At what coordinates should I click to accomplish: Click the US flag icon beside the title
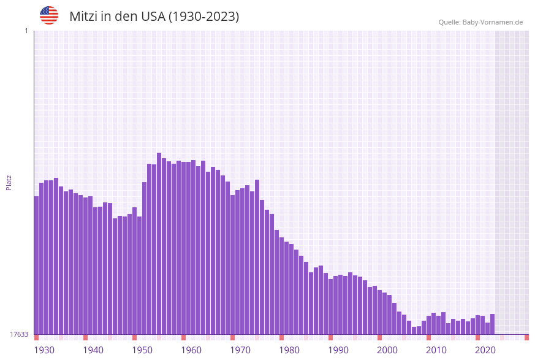tap(49, 15)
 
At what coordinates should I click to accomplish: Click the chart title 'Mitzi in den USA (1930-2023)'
tap(154, 17)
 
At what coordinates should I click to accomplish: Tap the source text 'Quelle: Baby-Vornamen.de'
tap(480, 22)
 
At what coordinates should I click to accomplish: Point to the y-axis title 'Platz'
tap(9, 182)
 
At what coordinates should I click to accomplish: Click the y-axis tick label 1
tap(26, 31)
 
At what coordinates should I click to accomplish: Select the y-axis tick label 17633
tap(18, 334)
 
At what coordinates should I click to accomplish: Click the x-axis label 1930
tap(44, 350)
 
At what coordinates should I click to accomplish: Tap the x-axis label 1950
tap(142, 350)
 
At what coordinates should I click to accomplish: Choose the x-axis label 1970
tap(240, 350)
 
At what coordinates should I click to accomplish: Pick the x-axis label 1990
tap(338, 350)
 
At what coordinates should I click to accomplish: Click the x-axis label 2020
tap(485, 350)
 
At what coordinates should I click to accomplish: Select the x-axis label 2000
tap(387, 350)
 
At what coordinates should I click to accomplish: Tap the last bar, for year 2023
tap(492, 324)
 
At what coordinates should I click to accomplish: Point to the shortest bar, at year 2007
tap(414, 331)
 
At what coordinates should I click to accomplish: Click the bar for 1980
tap(281, 286)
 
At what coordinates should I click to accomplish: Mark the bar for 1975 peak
tap(257, 257)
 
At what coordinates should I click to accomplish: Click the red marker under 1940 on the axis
tap(85, 337)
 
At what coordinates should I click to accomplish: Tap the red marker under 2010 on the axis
tap(428, 337)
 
